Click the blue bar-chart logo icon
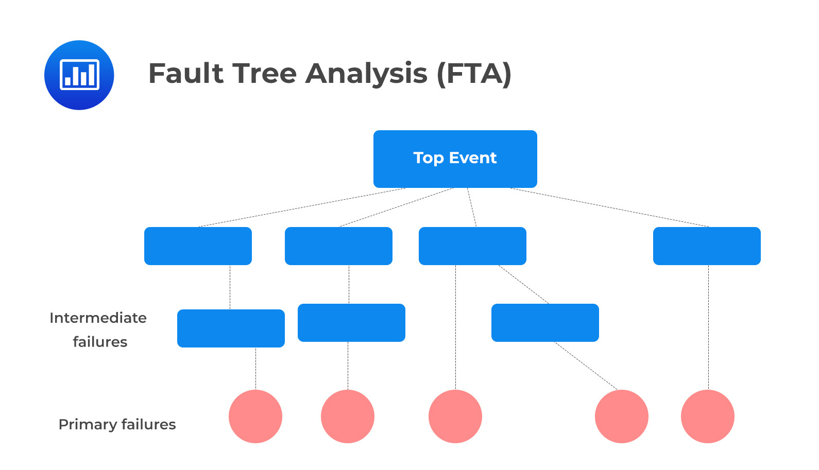click(79, 75)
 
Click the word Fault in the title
click(185, 73)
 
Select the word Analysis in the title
click(366, 73)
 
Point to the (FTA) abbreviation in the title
click(474, 73)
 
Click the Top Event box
click(455, 159)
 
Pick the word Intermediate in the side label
click(98, 318)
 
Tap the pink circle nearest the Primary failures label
click(255, 416)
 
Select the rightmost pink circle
click(707, 416)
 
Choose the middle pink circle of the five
click(455, 416)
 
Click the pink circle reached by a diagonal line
click(621, 416)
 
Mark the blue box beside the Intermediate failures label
click(231, 328)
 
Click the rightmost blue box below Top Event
click(707, 246)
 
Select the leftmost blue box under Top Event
click(198, 246)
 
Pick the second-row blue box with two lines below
click(472, 246)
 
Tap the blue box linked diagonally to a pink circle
click(545, 323)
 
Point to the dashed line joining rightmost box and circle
click(708, 327)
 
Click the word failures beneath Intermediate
click(100, 342)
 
